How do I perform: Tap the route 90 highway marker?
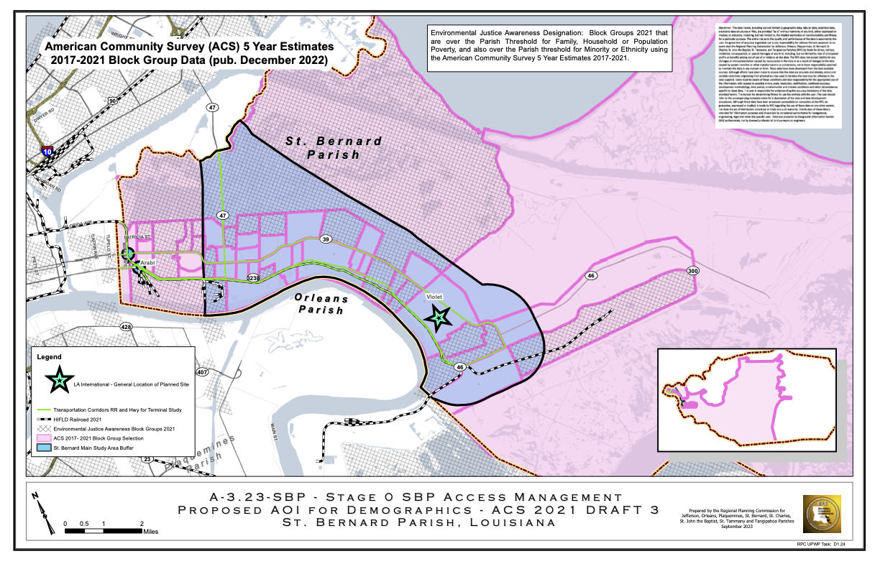point(112,102)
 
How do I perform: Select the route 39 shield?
point(326,239)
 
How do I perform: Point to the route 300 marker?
point(693,271)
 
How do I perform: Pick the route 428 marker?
point(127,327)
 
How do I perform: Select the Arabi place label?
point(147,264)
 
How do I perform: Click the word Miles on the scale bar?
point(150,532)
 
